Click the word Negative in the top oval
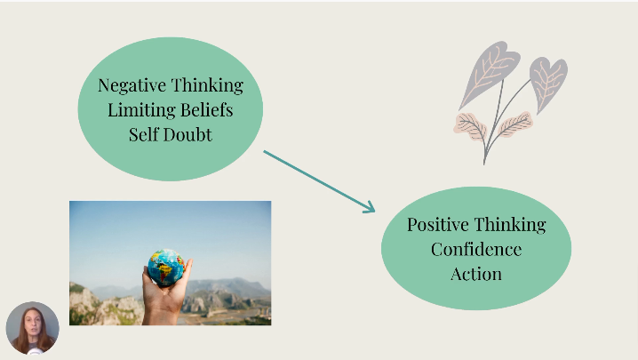click(x=132, y=85)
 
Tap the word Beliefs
click(x=207, y=110)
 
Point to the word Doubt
click(x=187, y=135)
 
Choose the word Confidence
click(x=476, y=249)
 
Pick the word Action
click(x=476, y=274)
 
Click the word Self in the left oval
click(x=143, y=135)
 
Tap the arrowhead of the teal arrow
click(x=370, y=207)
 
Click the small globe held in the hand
click(x=166, y=268)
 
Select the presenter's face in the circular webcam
click(x=34, y=326)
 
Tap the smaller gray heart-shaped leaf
click(x=547, y=83)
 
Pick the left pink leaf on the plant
click(x=471, y=126)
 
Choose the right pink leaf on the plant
click(x=515, y=124)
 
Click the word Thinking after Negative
click(x=208, y=85)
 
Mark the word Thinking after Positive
click(x=510, y=225)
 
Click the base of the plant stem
click(x=484, y=162)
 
